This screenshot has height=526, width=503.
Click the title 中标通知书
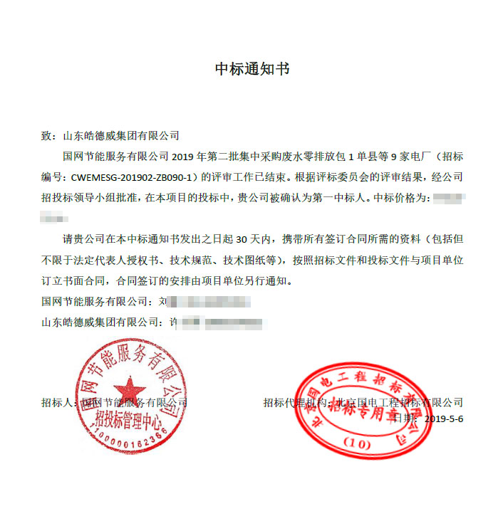pos(252,69)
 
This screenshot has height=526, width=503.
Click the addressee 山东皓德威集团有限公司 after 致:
pos(121,135)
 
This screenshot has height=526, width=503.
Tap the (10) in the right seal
pos(358,444)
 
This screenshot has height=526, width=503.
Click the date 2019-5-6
pos(444,419)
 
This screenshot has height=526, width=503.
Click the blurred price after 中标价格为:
pos(448,198)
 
